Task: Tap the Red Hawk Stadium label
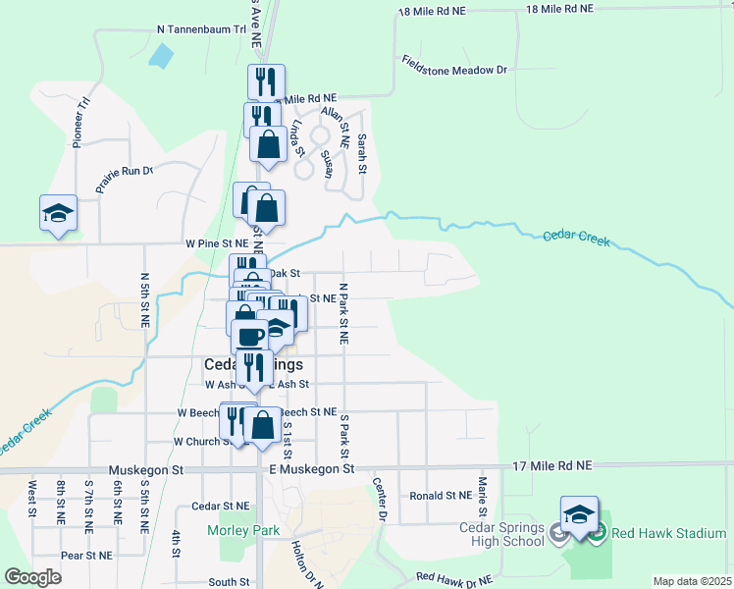[667, 533]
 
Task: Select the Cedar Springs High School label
[508, 534]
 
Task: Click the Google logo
[32, 576]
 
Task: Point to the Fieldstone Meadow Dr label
[453, 65]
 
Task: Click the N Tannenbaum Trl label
[201, 30]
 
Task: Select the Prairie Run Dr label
[125, 178]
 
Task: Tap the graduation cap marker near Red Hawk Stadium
[579, 515]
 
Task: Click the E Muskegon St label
[311, 469]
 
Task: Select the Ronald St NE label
[441, 497]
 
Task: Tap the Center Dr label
[380, 498]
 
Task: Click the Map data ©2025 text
[691, 581]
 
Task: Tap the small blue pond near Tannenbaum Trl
[159, 56]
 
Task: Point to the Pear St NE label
[83, 555]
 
